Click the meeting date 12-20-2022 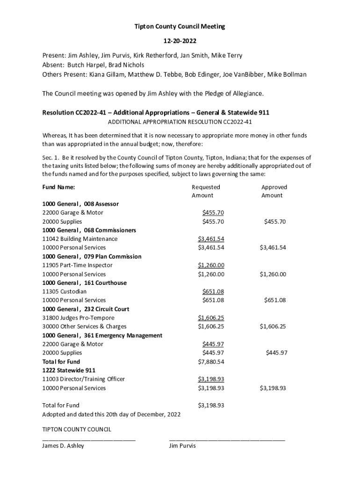180,41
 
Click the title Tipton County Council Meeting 180,27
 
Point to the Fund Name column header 58,187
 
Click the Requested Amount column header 205,191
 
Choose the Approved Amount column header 274,191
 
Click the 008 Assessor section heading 80,204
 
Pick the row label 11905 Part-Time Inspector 77,265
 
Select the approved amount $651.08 274,300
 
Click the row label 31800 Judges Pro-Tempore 78,318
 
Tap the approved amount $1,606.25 273,327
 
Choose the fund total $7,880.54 211,362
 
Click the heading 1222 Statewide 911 69,370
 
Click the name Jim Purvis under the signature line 182,446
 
